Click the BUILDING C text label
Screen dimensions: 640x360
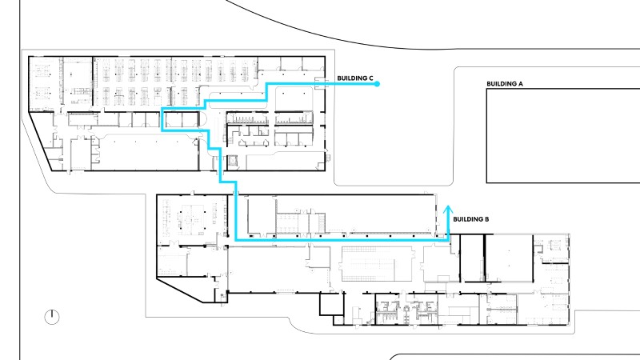tap(355, 78)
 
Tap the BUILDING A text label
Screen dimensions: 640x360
tap(505, 84)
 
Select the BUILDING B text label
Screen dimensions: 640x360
tap(471, 219)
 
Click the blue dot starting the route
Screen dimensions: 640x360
tap(377, 84)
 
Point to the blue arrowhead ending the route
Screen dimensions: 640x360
tap(448, 210)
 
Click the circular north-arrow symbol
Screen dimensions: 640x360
tap(52, 317)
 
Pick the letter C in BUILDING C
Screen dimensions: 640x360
tap(371, 78)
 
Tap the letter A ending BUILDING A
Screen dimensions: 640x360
tap(521, 84)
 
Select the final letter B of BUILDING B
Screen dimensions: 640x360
tap(486, 219)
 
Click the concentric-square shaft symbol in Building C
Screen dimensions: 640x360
tap(232, 161)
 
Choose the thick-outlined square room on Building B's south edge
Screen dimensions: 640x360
tap(331, 305)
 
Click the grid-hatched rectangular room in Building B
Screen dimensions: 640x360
tap(368, 264)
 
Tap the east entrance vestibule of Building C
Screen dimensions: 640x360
tap(322, 84)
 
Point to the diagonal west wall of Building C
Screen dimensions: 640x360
tap(40, 142)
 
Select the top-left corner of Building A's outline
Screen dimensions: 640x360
tap(486, 89)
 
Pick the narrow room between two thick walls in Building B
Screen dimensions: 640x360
tap(472, 258)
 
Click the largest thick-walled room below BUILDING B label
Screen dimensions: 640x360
tap(509, 258)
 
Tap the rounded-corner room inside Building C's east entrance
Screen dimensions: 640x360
tap(294, 98)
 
